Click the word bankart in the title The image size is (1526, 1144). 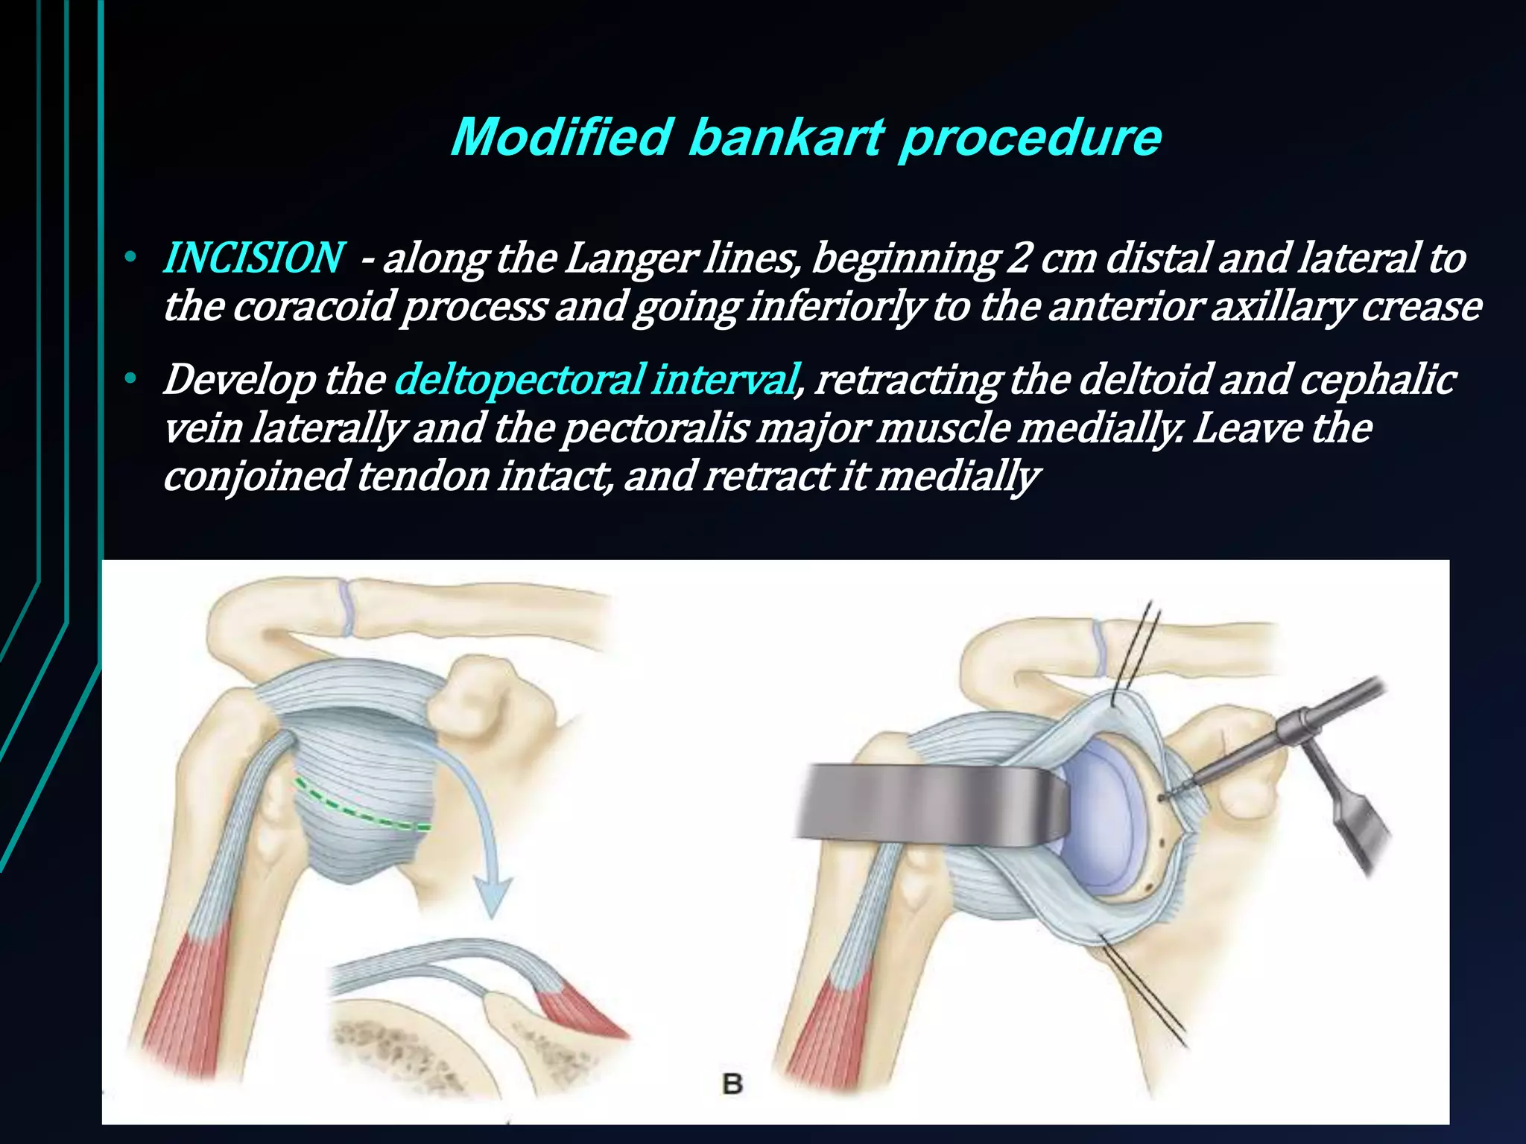click(x=786, y=139)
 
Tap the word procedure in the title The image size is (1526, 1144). click(x=1030, y=139)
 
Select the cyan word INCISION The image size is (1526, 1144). click(x=253, y=258)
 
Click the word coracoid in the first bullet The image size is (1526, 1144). click(x=312, y=306)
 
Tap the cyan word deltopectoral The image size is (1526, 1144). click(x=518, y=379)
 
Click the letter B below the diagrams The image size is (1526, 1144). click(x=732, y=1084)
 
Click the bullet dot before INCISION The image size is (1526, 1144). click(x=130, y=258)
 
